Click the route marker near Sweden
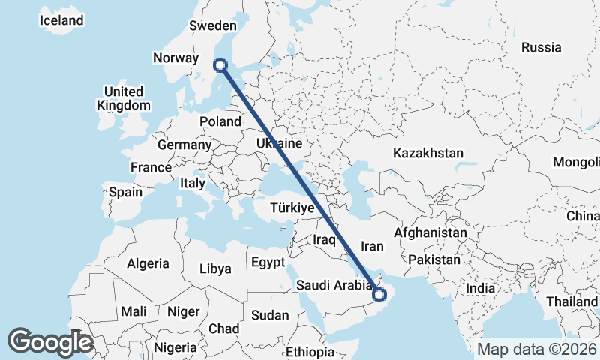(221, 65)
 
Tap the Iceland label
(61, 21)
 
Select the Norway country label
(175, 58)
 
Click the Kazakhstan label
(427, 153)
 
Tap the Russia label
(541, 47)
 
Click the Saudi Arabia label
(334, 285)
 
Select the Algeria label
(148, 264)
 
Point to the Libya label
(215, 268)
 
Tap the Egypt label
(268, 262)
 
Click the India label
(480, 288)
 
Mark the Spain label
(125, 192)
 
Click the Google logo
(51, 341)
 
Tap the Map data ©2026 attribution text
(536, 349)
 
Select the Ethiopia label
(310, 352)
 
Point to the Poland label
(220, 121)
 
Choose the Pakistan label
(434, 259)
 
